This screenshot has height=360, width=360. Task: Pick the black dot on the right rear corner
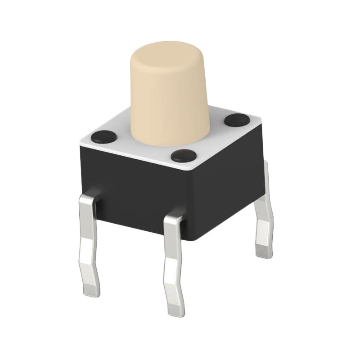pos(237,120)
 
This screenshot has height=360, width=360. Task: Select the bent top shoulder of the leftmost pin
pos(89,198)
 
